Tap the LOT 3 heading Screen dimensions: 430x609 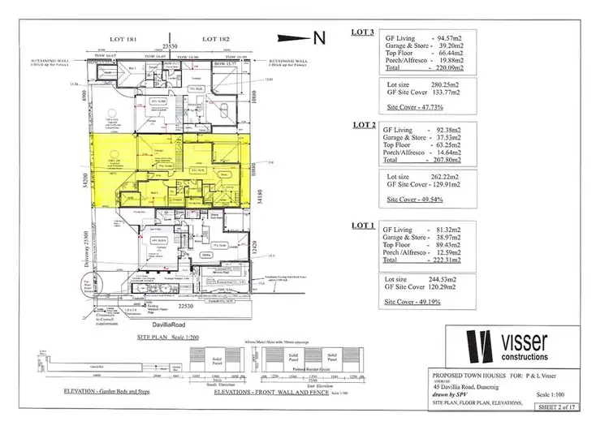pos(363,33)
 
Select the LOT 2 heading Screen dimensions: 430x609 pos(363,126)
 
